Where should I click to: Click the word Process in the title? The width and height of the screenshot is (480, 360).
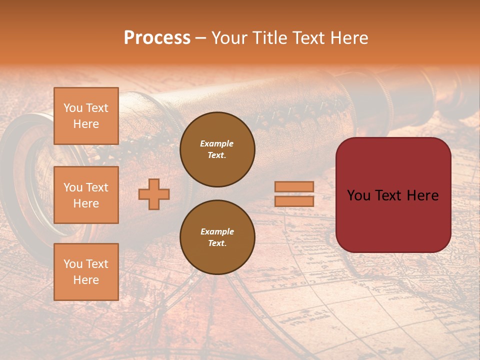coord(157,38)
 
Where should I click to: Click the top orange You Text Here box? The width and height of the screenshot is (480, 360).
coord(86,116)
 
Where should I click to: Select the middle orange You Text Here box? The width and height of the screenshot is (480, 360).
coord(86,195)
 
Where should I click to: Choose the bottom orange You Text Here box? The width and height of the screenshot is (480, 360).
coord(86,272)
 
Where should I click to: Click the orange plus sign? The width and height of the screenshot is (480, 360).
coord(154,194)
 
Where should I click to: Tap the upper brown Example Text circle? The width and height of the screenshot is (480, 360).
coord(217,149)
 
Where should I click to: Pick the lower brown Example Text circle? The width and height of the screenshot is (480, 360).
coord(217,237)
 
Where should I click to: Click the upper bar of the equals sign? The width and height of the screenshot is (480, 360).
coord(294,186)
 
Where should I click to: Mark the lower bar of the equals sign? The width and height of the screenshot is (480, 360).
coord(294,201)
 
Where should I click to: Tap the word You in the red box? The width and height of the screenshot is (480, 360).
coord(359,195)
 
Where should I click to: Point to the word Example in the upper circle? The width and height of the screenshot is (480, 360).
coord(217,143)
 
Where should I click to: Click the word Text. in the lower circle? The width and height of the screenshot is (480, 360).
coord(217,243)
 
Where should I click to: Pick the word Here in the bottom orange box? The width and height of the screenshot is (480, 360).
coord(86,280)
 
